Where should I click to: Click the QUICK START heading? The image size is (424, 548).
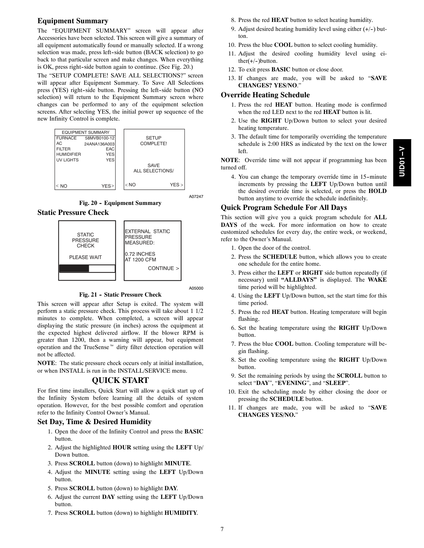(120, 381)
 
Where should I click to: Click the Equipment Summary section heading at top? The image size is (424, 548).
(73, 21)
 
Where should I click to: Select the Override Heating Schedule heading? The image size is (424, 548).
(265, 95)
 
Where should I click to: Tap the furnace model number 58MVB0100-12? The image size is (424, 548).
(100, 138)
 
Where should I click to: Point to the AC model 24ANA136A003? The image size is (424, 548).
(99, 144)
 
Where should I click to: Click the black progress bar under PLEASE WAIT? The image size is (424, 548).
(74, 268)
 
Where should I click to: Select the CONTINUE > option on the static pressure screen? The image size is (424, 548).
(163, 268)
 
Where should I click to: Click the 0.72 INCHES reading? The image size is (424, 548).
(140, 254)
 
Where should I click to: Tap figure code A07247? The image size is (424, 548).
(196, 197)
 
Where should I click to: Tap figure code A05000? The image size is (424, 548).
(196, 288)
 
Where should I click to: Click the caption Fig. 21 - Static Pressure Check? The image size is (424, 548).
(120, 295)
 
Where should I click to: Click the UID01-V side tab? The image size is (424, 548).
(402, 162)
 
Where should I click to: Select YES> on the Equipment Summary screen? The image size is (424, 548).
(108, 186)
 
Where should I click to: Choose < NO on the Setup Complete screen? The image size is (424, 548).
(130, 185)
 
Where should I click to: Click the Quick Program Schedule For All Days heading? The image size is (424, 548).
(284, 208)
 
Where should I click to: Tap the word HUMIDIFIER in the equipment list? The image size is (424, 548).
(69, 154)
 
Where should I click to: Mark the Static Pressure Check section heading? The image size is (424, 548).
(73, 213)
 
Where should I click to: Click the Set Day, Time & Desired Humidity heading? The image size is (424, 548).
(94, 422)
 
